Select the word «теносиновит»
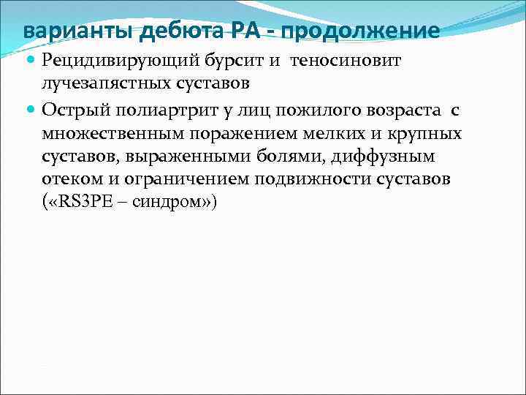point(346,61)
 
